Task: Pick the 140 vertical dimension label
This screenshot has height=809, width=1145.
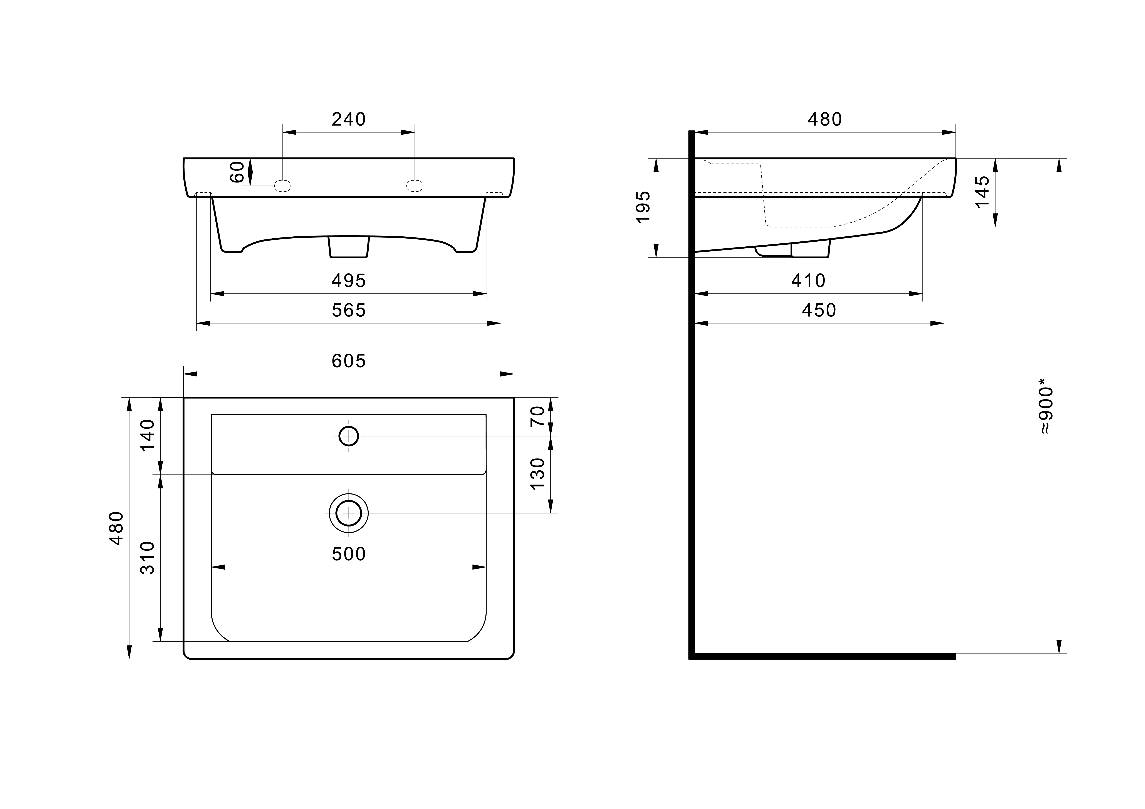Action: click(x=148, y=435)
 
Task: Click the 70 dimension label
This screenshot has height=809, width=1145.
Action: click(x=538, y=416)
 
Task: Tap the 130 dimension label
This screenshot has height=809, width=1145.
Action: click(x=538, y=473)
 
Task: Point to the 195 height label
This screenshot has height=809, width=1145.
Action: click(x=643, y=207)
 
